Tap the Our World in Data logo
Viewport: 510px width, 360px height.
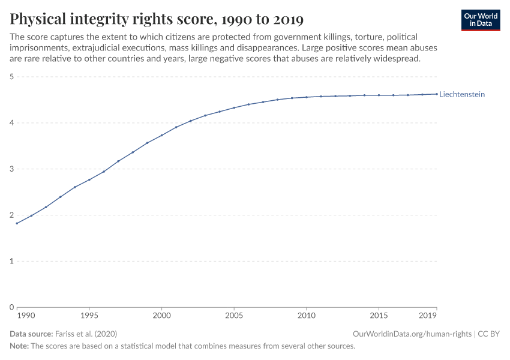click(x=480, y=20)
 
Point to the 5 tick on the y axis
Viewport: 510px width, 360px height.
click(x=11, y=77)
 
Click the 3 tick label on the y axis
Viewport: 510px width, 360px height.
click(x=11, y=169)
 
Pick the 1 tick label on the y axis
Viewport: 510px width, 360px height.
click(x=11, y=261)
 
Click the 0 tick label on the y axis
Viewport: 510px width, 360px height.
click(x=11, y=307)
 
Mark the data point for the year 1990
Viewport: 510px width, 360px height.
click(x=17, y=223)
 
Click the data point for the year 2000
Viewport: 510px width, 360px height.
click(x=161, y=135)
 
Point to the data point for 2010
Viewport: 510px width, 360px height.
click(x=307, y=97)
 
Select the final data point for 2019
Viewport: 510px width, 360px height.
click(x=437, y=94)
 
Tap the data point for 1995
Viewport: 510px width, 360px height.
click(x=89, y=179)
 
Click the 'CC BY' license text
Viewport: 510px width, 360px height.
click(x=488, y=334)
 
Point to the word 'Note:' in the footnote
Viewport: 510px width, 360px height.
click(x=19, y=346)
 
